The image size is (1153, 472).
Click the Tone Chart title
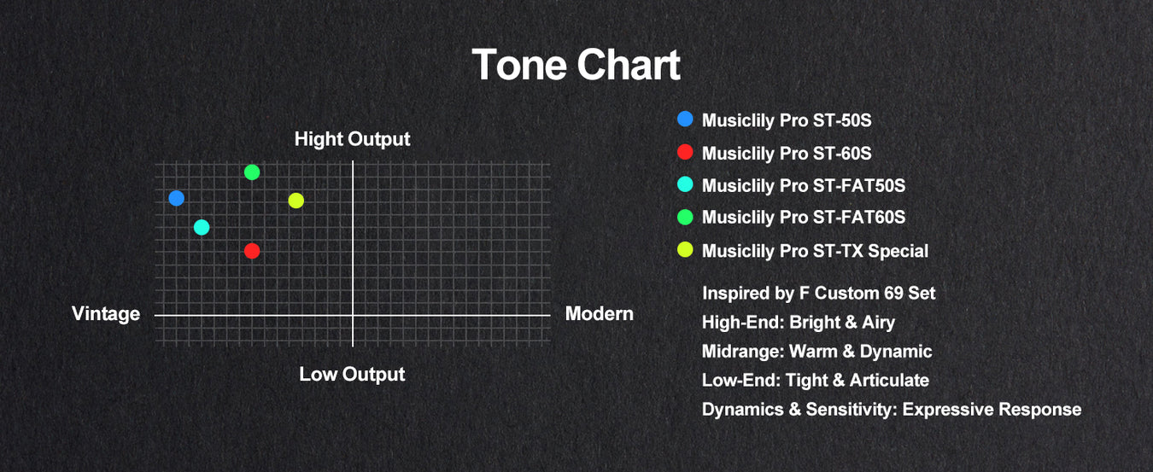coord(576,65)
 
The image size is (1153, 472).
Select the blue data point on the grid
coord(177,198)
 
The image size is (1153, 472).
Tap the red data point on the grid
coord(252,251)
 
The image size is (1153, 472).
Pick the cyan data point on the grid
coord(202,227)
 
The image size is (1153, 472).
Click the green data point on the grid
coord(252,172)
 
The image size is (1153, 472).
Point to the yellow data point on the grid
coord(296,201)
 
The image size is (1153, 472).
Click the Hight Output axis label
coord(352,139)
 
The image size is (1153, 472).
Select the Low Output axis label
coord(352,375)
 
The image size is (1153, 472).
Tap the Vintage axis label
coord(106,313)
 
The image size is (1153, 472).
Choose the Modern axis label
coord(600,313)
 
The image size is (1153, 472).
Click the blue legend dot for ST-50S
coord(685,119)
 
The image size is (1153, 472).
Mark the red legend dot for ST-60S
coord(685,152)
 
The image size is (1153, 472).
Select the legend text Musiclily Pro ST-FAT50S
coord(804,185)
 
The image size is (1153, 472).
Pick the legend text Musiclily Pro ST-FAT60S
coord(804,217)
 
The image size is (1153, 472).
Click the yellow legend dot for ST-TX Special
coord(685,249)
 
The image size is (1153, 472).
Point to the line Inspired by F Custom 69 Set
coord(818,293)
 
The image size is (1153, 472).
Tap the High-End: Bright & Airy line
coord(799,323)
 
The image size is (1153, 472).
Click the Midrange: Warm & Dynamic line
coord(816,351)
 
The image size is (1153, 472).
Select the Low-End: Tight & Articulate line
coord(816,380)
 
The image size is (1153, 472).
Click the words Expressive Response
coord(992,410)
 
